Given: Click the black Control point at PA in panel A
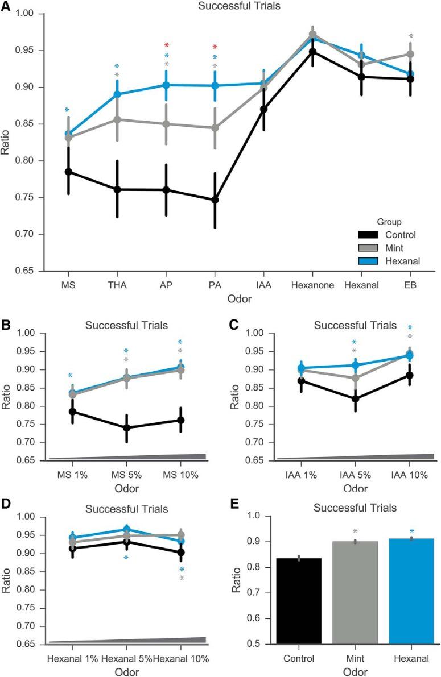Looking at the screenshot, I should (x=215, y=200).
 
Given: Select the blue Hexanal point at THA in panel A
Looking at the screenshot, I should (x=117, y=94).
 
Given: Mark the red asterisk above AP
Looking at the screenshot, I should (x=166, y=45).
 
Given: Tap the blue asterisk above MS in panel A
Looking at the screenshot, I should (x=68, y=110).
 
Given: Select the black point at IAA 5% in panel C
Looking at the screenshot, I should (x=355, y=398).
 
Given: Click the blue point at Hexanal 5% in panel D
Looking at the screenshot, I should (x=127, y=529).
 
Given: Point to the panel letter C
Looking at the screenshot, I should (x=232, y=325).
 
